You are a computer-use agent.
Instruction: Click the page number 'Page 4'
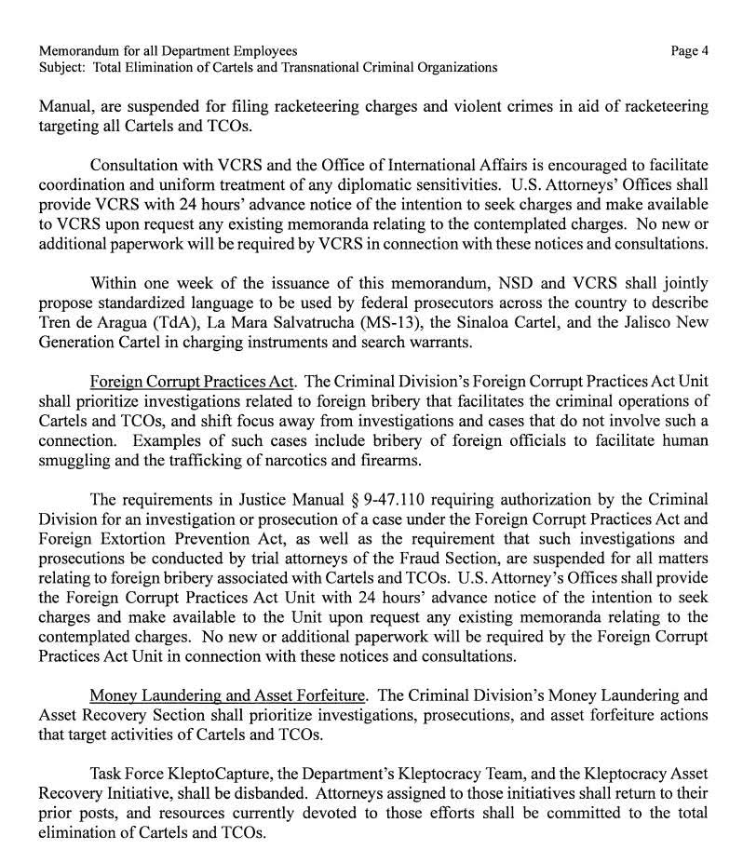tap(689, 51)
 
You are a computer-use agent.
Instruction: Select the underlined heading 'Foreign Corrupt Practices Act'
tap(192, 381)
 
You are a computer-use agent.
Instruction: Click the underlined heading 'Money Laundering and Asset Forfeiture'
tap(228, 694)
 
